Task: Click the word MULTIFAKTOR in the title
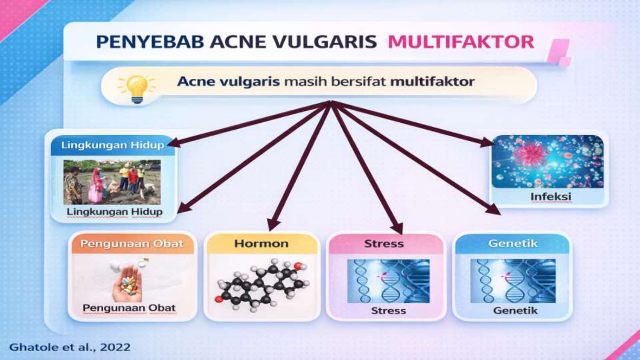tap(461, 42)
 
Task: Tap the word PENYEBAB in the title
tap(150, 42)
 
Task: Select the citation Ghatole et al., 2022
tap(70, 347)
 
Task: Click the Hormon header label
tap(262, 244)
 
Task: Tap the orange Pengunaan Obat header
tap(132, 244)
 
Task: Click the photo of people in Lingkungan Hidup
tap(112, 182)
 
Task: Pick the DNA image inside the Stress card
tap(388, 281)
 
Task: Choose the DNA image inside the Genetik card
tap(513, 281)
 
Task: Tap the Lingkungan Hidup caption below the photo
tap(115, 212)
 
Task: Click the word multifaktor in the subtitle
tap(432, 82)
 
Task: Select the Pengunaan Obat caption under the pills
tap(129, 308)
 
